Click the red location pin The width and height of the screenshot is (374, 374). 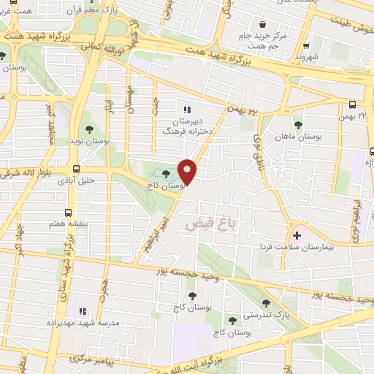pyautogui.click(x=188, y=170)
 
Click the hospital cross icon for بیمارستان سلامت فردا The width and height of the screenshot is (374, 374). pyautogui.click(x=297, y=235)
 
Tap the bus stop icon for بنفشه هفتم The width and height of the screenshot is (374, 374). pyautogui.click(x=68, y=213)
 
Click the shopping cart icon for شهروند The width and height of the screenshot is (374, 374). pyautogui.click(x=307, y=45)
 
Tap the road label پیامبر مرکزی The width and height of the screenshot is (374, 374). pyautogui.click(x=91, y=360)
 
